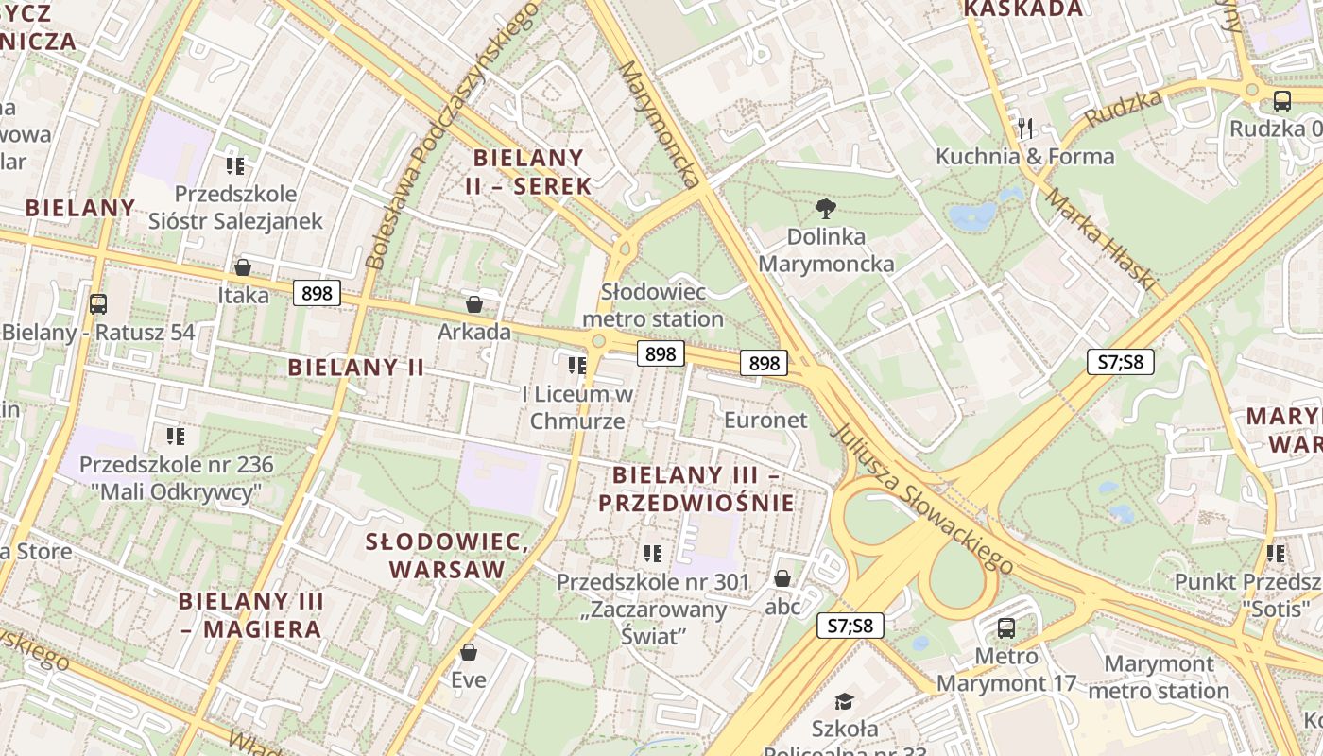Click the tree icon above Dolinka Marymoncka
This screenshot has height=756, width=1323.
pyautogui.click(x=826, y=208)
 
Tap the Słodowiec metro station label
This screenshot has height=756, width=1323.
pyautogui.click(x=653, y=305)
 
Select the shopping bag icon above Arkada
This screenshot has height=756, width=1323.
pyautogui.click(x=474, y=304)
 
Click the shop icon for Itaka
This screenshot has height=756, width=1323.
pyautogui.click(x=243, y=267)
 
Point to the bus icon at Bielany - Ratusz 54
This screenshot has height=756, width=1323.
pyautogui.click(x=98, y=304)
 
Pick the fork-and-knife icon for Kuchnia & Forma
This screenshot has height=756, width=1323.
pyautogui.click(x=1025, y=128)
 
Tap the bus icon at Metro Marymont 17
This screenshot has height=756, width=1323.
pyautogui.click(x=1006, y=627)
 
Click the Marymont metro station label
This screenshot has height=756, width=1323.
pyautogui.click(x=1158, y=678)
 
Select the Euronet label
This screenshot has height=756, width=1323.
pyautogui.click(x=765, y=420)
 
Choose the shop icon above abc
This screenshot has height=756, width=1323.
pyautogui.click(x=782, y=578)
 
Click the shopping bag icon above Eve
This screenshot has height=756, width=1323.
pyautogui.click(x=469, y=652)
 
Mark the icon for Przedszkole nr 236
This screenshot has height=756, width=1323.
pyautogui.click(x=176, y=437)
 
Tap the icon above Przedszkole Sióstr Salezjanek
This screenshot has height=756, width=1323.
pyautogui.click(x=235, y=166)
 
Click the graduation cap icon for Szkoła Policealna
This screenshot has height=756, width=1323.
pyautogui.click(x=844, y=701)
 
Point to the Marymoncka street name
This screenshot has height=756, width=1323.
pyautogui.click(x=661, y=123)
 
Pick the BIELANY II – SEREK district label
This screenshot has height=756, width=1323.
pyautogui.click(x=528, y=171)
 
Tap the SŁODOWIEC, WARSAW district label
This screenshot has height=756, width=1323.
pyautogui.click(x=447, y=556)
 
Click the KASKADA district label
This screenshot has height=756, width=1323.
pyautogui.click(x=1023, y=9)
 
